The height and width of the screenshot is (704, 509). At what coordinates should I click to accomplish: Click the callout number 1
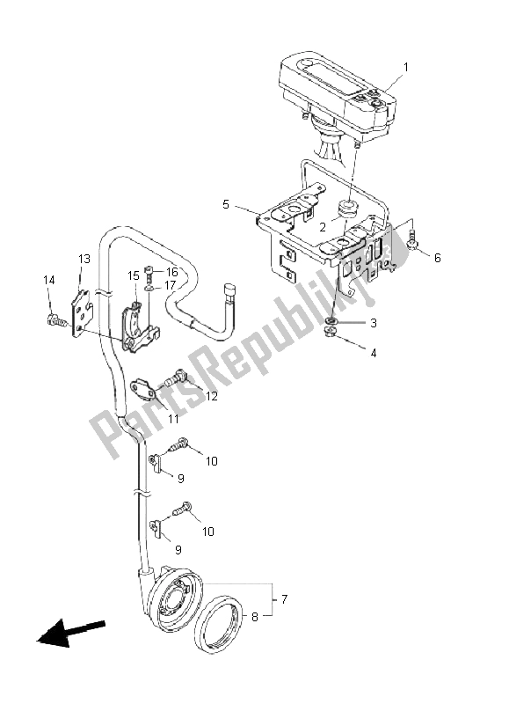click(406, 67)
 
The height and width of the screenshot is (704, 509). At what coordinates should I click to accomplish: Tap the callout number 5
click(226, 204)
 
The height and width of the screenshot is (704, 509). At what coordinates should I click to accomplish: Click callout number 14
click(48, 280)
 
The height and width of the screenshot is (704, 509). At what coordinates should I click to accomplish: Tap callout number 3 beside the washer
click(373, 323)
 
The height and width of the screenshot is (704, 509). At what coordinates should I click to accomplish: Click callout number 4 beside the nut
click(373, 353)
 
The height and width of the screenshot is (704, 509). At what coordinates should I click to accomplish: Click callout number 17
click(170, 286)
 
